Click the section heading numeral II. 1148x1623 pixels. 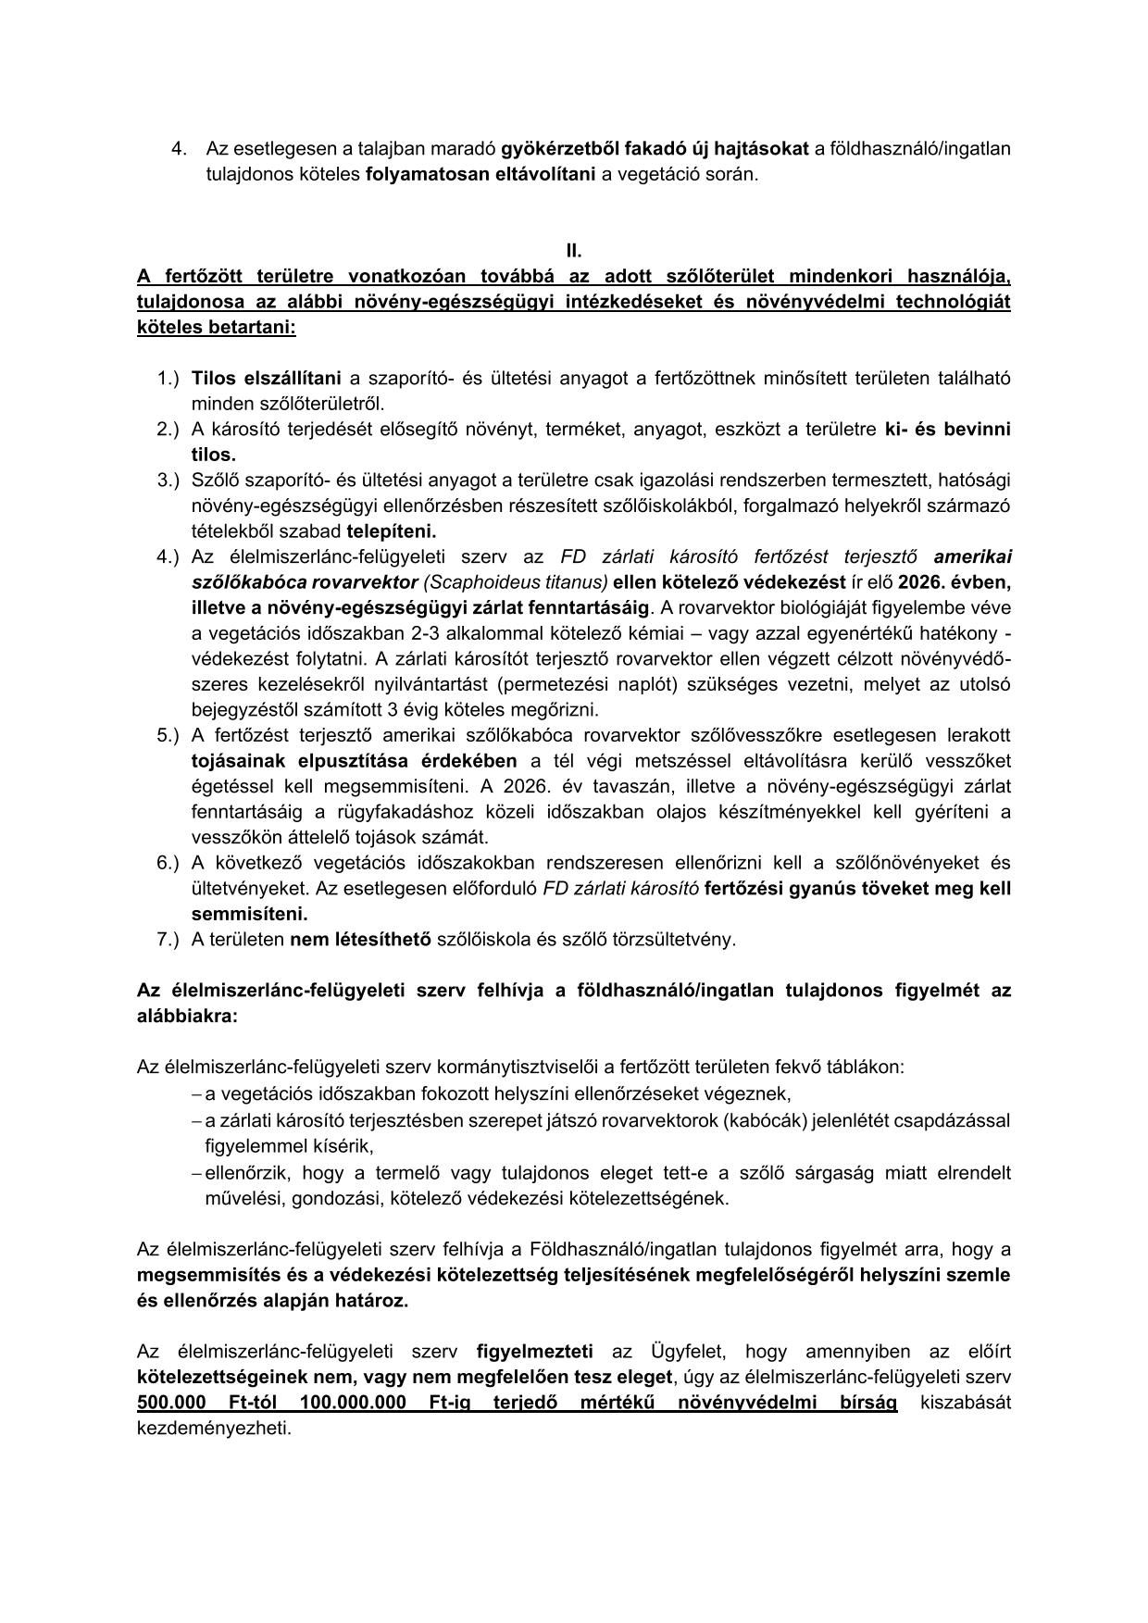click(574, 251)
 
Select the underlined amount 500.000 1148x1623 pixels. click(171, 1403)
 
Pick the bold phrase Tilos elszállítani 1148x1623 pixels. click(266, 378)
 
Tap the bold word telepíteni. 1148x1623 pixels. click(391, 531)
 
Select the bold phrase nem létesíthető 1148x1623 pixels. click(360, 940)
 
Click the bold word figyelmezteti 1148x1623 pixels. click(535, 1352)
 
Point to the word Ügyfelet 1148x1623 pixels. click(683, 1352)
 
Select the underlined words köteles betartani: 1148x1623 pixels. click(217, 328)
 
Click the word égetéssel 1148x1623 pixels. click(226, 787)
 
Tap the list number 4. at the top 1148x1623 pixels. click(180, 149)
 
